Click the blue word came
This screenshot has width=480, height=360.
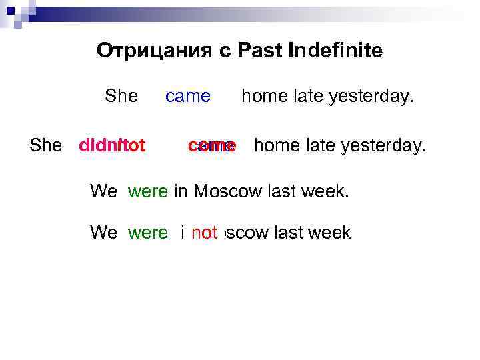pyautogui.click(x=188, y=97)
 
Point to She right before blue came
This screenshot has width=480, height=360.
pyautogui.click(x=121, y=97)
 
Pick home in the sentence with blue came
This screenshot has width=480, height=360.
pyautogui.click(x=264, y=97)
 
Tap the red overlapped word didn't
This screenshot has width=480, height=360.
pyautogui.click(x=112, y=145)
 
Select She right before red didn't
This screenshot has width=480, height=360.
pyautogui.click(x=46, y=145)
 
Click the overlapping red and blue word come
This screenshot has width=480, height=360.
pyautogui.click(x=212, y=145)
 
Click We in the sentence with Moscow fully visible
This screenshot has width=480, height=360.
pyautogui.click(x=103, y=192)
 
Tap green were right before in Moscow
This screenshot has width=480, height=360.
pyautogui.click(x=148, y=192)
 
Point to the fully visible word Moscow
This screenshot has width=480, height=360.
pyautogui.click(x=225, y=192)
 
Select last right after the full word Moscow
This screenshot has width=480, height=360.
pyautogui.click(x=279, y=192)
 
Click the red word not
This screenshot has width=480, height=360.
pyautogui.click(x=205, y=233)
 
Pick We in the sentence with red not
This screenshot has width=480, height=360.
pyautogui.click(x=103, y=233)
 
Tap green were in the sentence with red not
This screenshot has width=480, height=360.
pyautogui.click(x=148, y=233)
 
